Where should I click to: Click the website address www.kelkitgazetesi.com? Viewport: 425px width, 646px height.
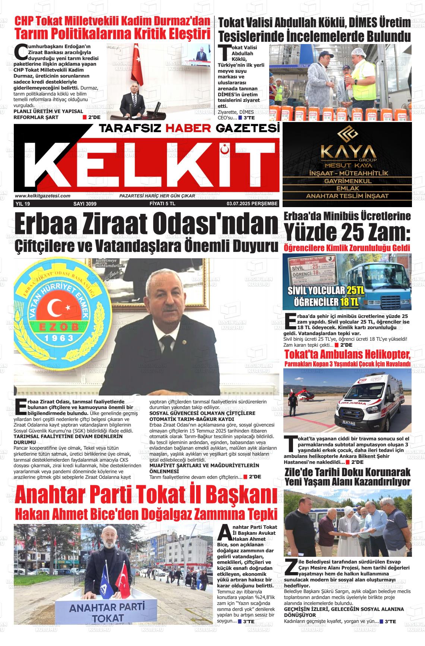42,196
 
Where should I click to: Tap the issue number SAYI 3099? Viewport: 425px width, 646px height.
85,204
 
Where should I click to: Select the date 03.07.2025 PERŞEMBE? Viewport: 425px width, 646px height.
252,204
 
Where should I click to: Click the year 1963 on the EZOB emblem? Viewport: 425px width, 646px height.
57,338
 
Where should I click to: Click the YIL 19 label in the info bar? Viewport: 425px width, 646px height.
23,204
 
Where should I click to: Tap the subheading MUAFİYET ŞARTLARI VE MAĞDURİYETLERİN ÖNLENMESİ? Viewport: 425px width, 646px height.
204,468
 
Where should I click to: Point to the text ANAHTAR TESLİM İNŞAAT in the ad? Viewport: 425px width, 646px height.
347,196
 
